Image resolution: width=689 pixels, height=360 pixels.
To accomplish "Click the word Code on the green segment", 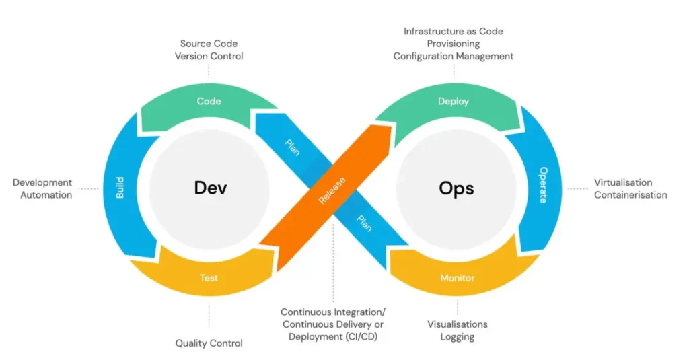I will coord(209,102).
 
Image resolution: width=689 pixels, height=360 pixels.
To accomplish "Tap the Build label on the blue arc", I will coord(120,188).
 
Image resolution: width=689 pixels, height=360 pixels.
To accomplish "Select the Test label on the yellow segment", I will coord(209,277).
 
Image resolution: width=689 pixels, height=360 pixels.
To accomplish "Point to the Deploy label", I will coord(454,102).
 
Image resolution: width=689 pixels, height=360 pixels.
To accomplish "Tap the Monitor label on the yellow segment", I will coord(458,277).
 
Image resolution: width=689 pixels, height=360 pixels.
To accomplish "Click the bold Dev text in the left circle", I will coord(211,188).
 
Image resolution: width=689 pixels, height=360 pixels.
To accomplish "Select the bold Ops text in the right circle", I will coord(456,188).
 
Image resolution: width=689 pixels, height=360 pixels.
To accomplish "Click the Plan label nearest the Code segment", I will coord(293,147).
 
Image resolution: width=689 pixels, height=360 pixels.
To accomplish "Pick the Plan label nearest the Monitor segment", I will coord(364,224).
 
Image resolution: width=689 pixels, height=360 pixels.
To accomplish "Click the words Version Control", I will coord(209,57).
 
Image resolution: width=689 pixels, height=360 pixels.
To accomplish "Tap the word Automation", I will coord(46,195).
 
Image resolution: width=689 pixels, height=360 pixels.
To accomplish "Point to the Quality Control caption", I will coord(209,343).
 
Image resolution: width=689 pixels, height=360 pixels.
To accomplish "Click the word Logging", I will coord(458,337).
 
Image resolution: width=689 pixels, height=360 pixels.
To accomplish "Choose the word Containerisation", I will coord(630,195).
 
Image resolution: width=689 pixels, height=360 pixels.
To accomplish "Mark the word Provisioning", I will coord(454,44).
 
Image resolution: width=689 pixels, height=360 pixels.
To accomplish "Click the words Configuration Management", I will coord(454,57).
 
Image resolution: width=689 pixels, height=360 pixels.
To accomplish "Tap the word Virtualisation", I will coord(623,182).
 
